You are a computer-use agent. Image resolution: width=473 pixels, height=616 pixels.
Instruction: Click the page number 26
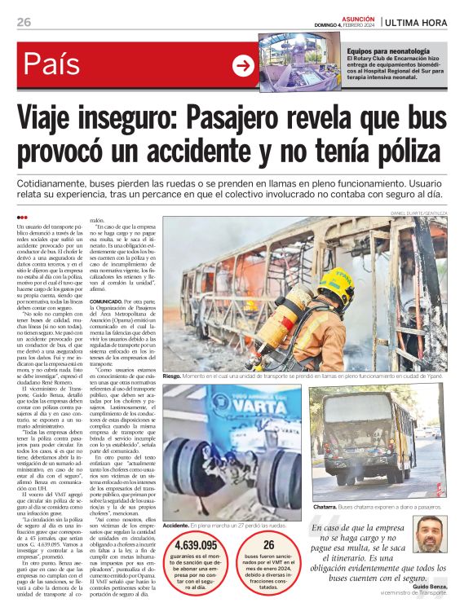coord(24,22)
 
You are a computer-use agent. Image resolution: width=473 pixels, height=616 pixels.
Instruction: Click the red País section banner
coord(122,65)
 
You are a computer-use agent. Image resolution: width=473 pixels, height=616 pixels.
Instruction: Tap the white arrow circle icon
coord(243,66)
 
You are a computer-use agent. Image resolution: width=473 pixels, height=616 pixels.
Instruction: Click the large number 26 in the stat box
coord(291,544)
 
